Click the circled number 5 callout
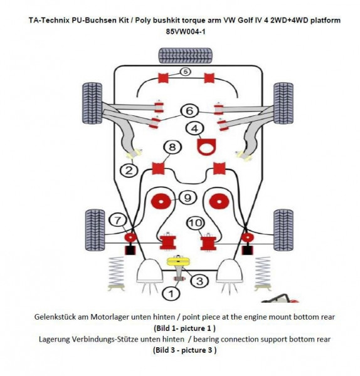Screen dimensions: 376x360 pos(185,72)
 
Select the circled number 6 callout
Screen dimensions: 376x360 pos(188,110)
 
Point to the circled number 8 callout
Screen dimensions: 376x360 pos(172,148)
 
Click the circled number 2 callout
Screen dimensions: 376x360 pos(128,169)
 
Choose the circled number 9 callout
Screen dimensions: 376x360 pos(186,197)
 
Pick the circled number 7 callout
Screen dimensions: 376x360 pos(117,219)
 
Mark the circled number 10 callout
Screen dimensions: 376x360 pos(194,222)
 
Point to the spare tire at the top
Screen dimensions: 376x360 pos(186,54)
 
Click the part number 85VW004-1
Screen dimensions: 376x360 pos(185,31)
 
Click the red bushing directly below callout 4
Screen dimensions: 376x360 pos(204,148)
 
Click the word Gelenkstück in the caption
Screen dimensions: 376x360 pos(58,317)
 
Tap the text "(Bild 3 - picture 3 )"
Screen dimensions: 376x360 pos(185,350)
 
